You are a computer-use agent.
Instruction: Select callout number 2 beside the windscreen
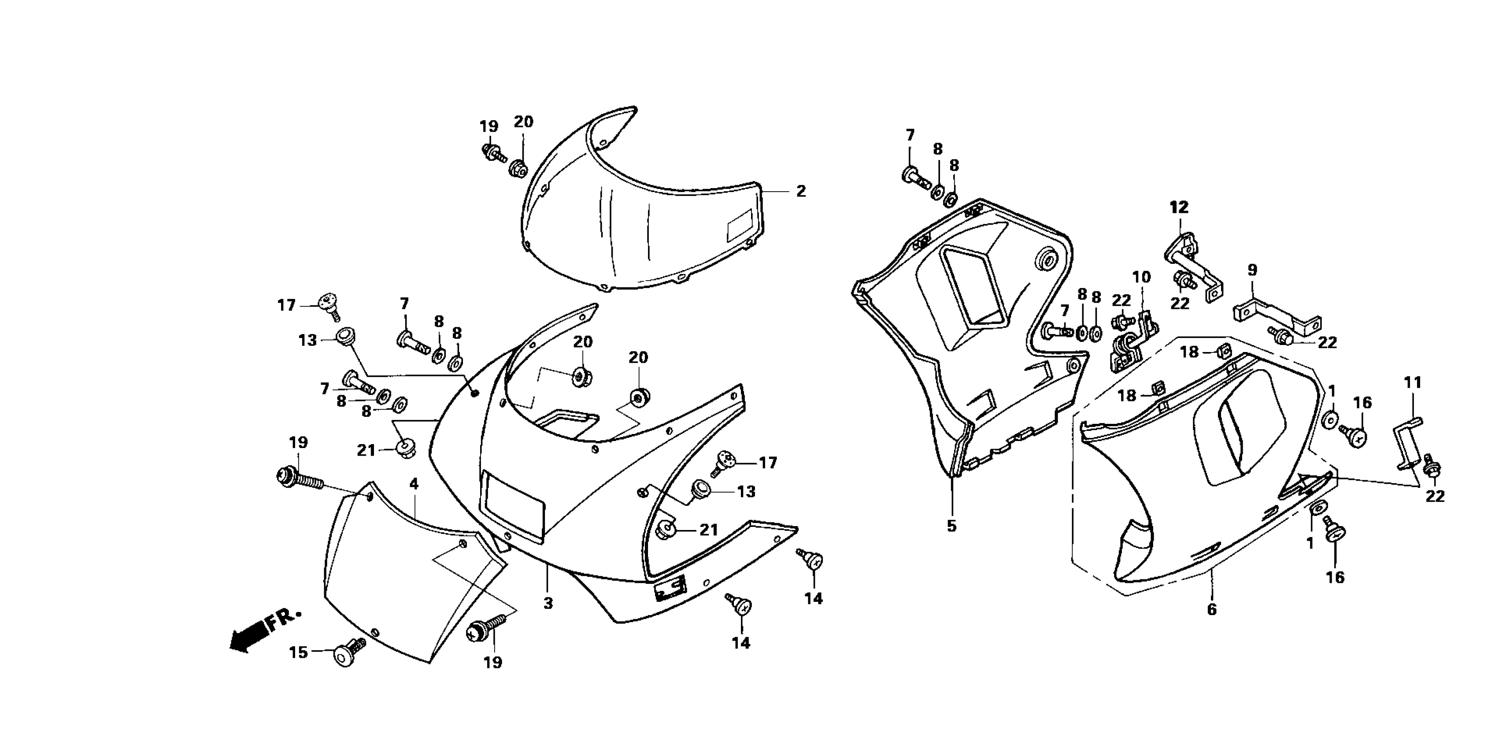point(801,191)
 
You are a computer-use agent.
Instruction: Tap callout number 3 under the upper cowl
point(548,604)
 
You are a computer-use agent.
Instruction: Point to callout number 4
point(414,484)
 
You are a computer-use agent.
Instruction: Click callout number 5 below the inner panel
point(951,526)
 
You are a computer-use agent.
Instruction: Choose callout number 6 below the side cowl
point(1211,609)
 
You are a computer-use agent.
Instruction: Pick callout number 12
point(1179,207)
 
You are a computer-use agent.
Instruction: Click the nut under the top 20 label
point(519,169)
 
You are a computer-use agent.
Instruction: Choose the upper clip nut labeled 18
point(1224,351)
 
